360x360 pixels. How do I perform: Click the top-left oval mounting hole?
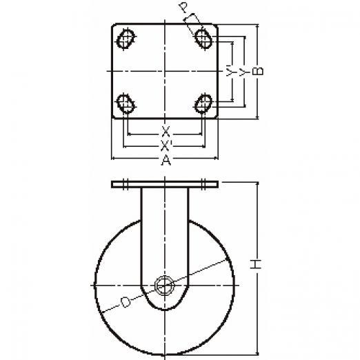[126, 39]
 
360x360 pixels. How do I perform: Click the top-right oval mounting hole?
[203, 39]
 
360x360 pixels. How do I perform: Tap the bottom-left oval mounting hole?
[126, 103]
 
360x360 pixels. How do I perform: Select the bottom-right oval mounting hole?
[203, 103]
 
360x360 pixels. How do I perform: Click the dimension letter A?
[166, 160]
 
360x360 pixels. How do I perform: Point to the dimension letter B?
[258, 71]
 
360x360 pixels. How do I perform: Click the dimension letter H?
[255, 264]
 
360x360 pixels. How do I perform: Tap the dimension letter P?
[183, 8]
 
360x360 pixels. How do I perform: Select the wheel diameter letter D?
[126, 302]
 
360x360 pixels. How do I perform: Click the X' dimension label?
[166, 146]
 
